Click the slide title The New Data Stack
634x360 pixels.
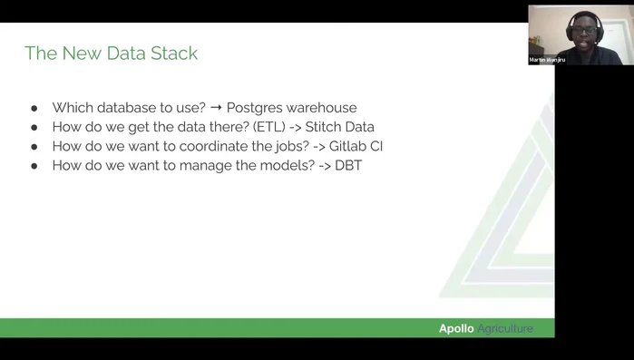111,54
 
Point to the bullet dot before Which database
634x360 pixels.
34,107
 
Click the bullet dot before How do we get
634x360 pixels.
34,127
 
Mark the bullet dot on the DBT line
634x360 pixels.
34,166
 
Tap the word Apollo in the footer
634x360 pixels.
456,328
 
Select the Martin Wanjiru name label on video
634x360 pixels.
548,60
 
